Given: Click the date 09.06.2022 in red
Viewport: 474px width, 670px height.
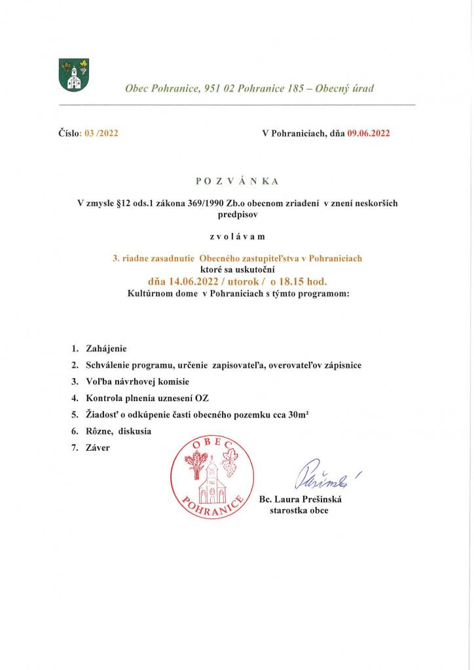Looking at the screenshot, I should point(369,133).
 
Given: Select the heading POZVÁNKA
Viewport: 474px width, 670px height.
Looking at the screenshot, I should point(237,181).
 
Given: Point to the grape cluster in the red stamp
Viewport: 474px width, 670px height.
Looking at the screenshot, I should point(230,467).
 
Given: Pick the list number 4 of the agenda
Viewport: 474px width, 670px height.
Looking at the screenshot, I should point(75,397).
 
